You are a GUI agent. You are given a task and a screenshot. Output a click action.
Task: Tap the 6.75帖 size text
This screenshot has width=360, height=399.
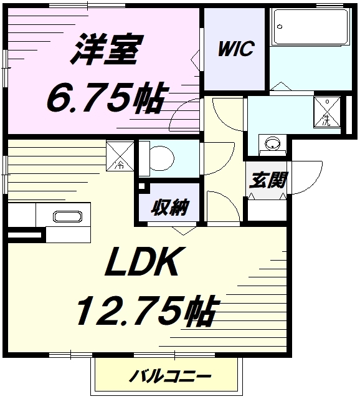point(105,98)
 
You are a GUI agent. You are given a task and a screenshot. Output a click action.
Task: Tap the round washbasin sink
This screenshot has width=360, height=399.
point(272,144)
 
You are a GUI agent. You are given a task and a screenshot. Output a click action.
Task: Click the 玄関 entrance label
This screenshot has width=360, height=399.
point(268,180)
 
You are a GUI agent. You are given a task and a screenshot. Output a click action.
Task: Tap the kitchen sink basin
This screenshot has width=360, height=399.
point(66,217)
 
